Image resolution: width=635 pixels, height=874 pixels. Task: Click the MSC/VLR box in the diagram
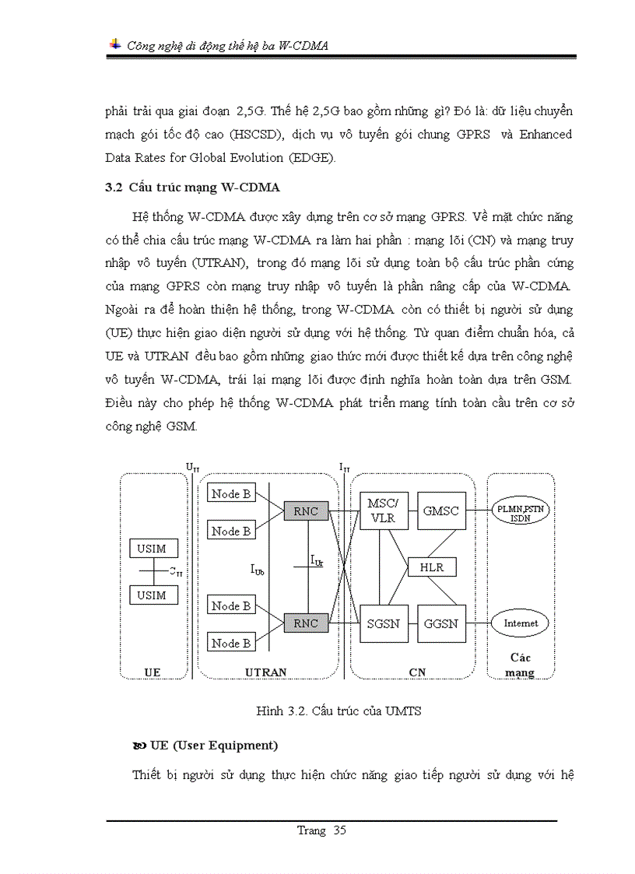(x=383, y=511)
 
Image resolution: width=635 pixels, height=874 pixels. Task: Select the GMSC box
(x=440, y=511)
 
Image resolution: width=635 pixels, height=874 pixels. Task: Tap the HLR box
(x=432, y=567)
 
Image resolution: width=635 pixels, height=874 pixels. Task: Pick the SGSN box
(x=383, y=623)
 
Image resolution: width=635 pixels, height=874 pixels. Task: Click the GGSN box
(x=440, y=623)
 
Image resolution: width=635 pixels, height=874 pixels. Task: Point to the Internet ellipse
(x=521, y=623)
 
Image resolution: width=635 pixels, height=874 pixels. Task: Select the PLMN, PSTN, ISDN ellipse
(x=522, y=512)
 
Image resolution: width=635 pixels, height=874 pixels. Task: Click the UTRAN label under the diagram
(x=265, y=672)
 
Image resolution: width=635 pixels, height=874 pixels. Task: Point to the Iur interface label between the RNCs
(x=317, y=560)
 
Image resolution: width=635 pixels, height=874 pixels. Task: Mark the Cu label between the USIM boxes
(x=177, y=572)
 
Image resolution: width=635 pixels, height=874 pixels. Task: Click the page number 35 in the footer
(x=339, y=830)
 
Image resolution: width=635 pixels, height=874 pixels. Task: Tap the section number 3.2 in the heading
(x=114, y=188)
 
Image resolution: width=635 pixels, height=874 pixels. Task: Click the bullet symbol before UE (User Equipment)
(x=139, y=746)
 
